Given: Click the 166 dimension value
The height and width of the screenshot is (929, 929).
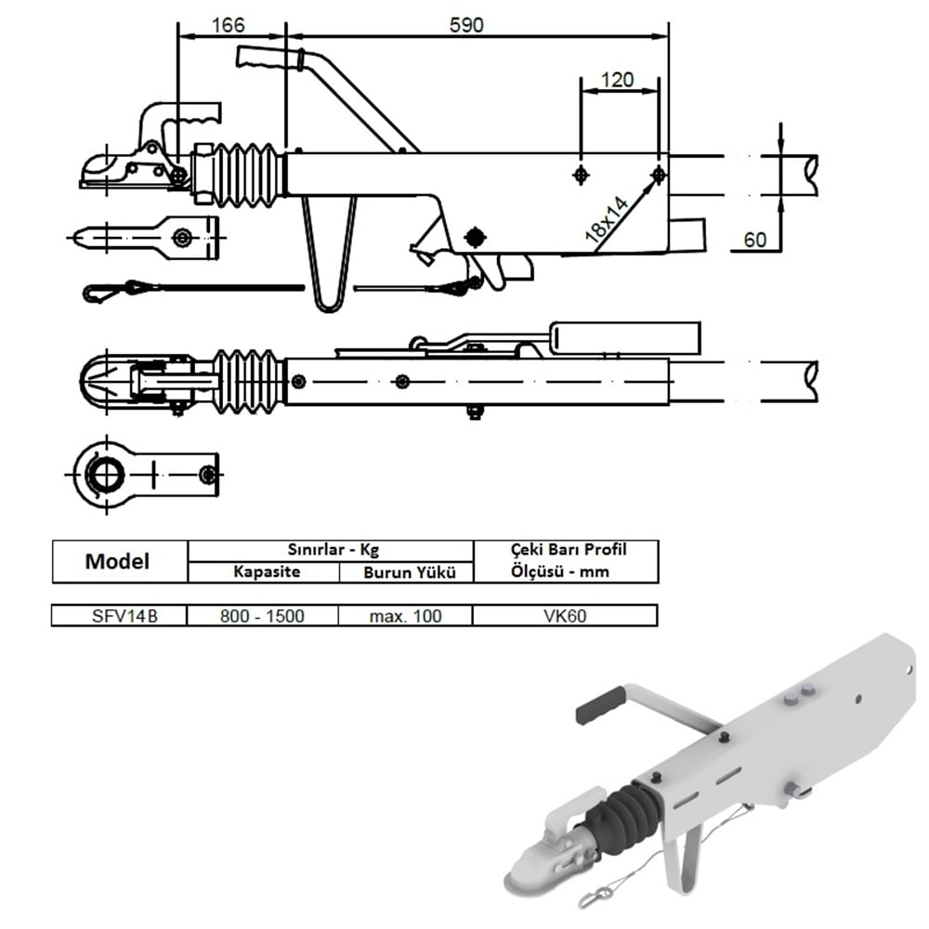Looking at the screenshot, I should click(x=229, y=25).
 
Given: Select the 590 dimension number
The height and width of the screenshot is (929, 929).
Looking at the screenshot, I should click(x=466, y=25).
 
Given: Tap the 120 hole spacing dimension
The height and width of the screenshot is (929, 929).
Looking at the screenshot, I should click(x=617, y=80).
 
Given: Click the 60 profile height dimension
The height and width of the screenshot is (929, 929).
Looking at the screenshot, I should click(x=755, y=240).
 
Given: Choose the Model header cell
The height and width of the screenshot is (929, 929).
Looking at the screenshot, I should click(x=117, y=561).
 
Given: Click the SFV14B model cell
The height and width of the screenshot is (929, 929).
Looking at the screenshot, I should click(x=118, y=615).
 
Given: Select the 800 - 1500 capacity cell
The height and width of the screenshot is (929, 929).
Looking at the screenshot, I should click(x=263, y=615).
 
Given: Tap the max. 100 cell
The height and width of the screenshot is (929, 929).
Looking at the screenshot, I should click(x=404, y=615).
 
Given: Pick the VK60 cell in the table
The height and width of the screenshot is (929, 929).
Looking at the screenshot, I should click(x=566, y=615).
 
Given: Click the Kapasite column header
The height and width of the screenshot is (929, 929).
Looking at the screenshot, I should click(x=265, y=571).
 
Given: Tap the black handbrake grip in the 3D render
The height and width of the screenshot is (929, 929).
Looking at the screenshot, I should click(x=600, y=706).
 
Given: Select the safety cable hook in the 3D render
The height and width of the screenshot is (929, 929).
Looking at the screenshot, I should click(x=594, y=896).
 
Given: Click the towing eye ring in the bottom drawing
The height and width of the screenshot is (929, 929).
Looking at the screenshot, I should click(x=104, y=475).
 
